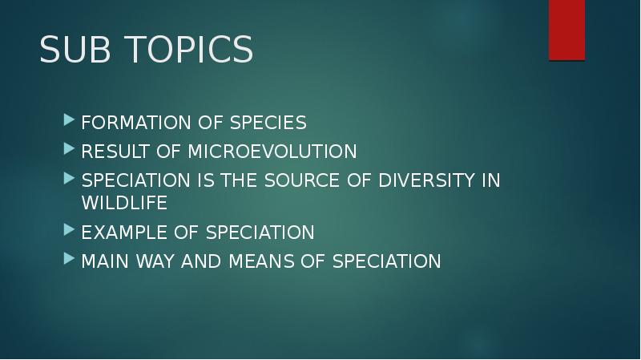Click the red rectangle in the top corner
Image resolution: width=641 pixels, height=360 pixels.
[566, 30]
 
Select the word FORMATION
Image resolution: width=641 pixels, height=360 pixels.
[128, 123]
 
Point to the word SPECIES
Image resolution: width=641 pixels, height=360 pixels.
[268, 123]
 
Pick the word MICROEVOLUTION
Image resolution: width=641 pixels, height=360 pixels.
[272, 152]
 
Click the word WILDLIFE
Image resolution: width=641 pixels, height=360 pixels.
[124, 203]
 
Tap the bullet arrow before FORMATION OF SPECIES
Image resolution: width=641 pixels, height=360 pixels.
[69, 123]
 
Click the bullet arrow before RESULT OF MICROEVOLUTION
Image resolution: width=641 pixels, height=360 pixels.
[69, 152]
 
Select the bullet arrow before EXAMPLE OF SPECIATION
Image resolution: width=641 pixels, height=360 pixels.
[69, 233]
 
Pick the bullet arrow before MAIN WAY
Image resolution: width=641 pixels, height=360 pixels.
[69, 261]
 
